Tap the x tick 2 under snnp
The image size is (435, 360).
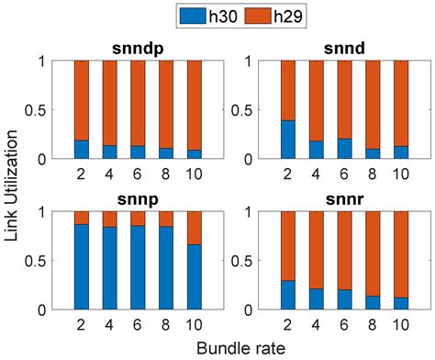click(x=82, y=324)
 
